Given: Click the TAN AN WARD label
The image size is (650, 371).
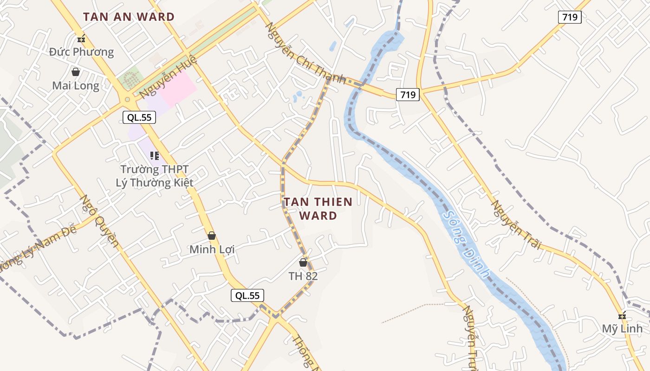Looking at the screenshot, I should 129,17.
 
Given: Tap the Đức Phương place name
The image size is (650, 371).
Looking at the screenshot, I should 82,51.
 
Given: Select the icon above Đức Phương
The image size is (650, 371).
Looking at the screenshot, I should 82,39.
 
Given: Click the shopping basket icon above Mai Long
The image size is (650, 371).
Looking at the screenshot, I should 76,72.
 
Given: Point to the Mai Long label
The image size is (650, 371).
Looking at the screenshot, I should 76,86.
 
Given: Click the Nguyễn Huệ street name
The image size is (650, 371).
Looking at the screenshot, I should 168,77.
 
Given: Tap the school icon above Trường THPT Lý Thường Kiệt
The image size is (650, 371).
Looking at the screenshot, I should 155,156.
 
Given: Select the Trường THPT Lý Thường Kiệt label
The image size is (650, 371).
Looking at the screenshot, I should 155,176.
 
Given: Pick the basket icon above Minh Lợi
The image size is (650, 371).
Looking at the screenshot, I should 212,236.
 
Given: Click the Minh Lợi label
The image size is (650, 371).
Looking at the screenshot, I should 212,249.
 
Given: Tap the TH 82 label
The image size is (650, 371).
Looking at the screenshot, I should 303,276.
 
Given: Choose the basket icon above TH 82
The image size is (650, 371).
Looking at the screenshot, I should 303,262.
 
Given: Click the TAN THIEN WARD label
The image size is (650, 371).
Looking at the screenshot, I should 318,209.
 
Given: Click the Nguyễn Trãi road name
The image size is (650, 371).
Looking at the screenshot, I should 517,224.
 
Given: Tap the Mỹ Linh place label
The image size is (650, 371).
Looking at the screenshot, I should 622,329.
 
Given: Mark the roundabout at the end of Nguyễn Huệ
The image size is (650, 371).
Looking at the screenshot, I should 127,99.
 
